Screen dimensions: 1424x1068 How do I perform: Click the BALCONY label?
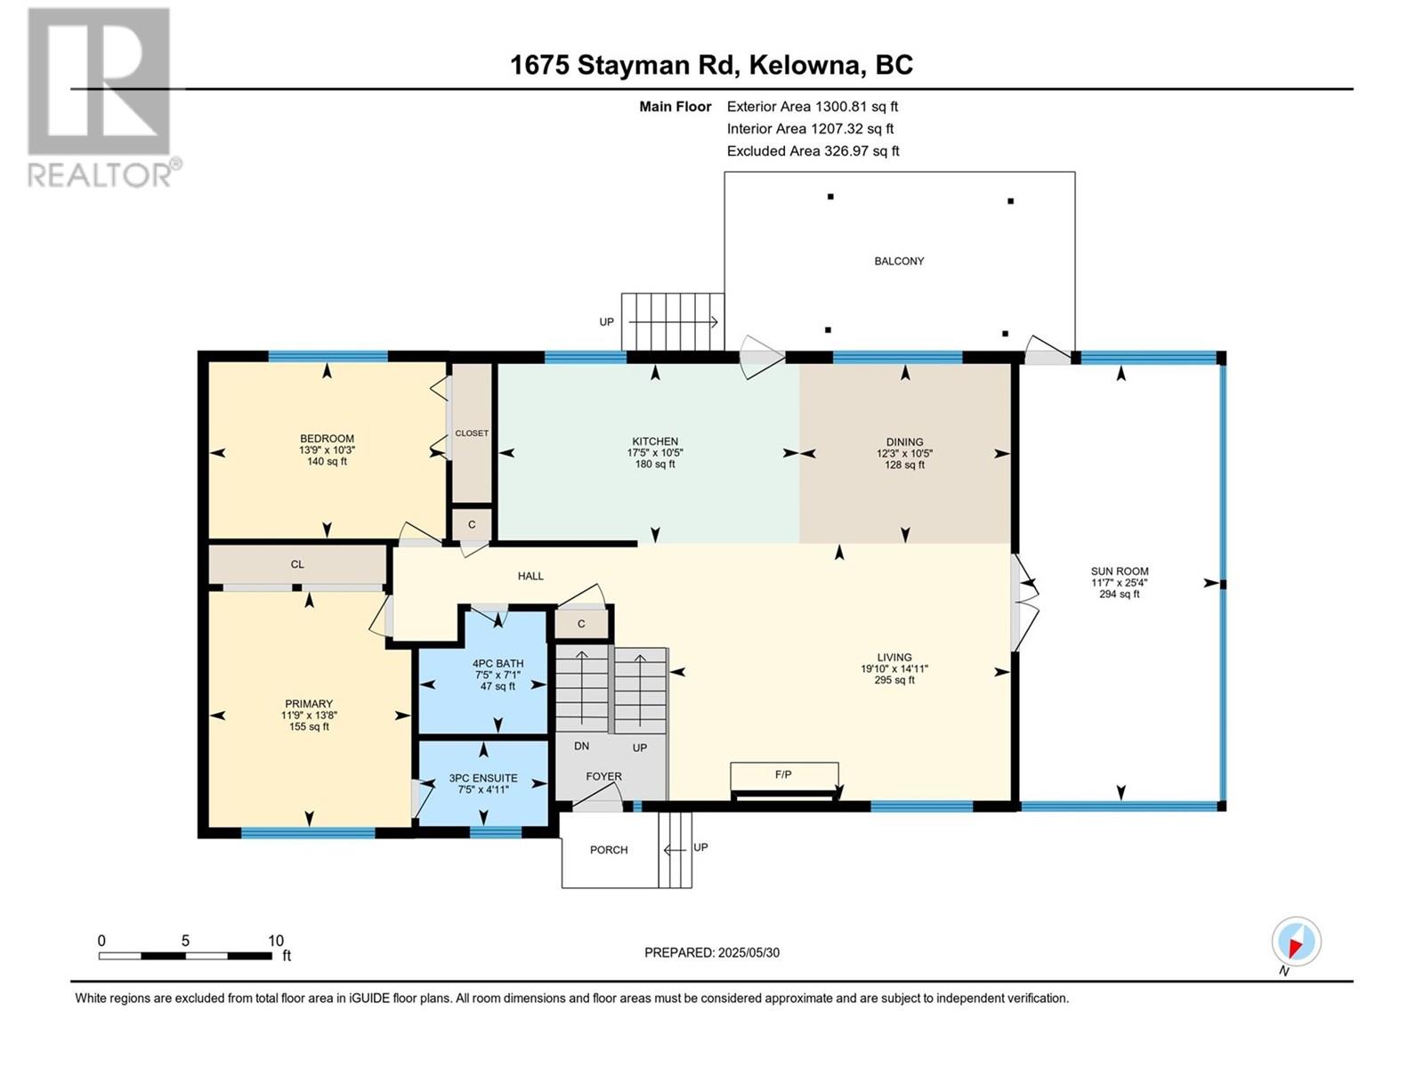899,262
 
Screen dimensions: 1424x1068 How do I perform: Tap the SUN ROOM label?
1119,571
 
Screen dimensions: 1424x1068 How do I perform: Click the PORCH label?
609,850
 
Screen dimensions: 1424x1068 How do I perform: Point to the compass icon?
1296,942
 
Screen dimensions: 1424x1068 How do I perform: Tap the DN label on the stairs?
581,747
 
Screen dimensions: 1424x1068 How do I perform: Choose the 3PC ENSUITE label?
483,778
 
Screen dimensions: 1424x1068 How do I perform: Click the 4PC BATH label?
498,663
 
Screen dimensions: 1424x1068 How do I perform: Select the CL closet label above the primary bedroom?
297,564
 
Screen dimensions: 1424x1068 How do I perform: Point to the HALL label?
530,576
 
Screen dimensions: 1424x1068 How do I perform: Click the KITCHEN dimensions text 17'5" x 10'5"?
654,453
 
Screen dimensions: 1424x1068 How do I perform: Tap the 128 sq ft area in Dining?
904,465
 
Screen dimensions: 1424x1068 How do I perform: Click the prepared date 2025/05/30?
748,952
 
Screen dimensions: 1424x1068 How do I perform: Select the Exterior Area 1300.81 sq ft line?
813,106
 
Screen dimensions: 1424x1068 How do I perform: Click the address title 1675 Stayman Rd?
625,65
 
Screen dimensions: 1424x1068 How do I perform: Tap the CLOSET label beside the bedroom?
472,433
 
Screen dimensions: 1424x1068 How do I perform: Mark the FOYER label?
603,777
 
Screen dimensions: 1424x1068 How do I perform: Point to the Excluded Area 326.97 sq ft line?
813,151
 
